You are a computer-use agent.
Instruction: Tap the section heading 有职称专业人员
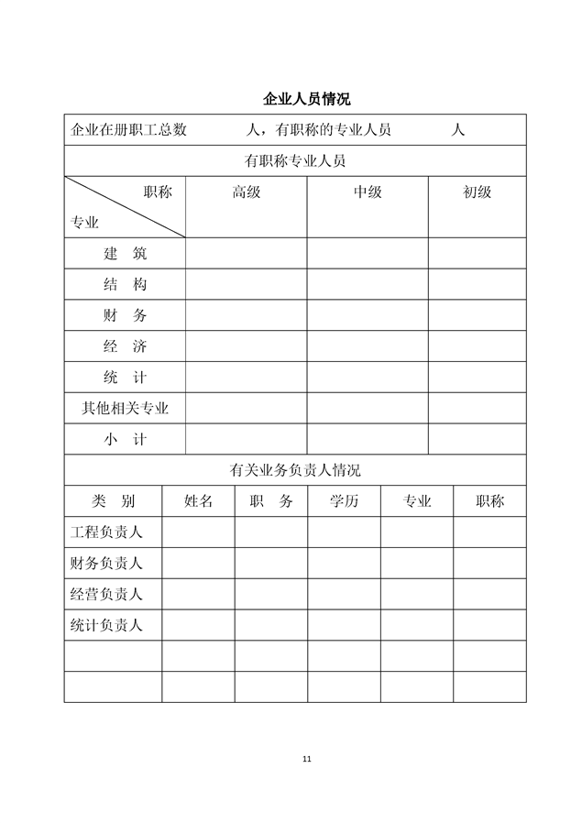pyautogui.click(x=294, y=160)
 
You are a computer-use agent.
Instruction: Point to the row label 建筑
pyautogui.click(x=125, y=253)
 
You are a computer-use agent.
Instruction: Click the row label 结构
pyautogui.click(x=125, y=284)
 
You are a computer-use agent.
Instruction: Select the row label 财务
pyautogui.click(x=125, y=315)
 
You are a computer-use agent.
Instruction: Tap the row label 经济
pyautogui.click(x=125, y=346)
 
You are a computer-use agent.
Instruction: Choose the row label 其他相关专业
pyautogui.click(x=125, y=408)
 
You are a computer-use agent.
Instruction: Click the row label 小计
pyautogui.click(x=125, y=439)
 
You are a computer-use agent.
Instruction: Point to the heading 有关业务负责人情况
pyautogui.click(x=294, y=470)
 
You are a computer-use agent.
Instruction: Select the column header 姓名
pyautogui.click(x=198, y=501)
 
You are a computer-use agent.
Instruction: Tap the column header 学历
pyautogui.click(x=344, y=501)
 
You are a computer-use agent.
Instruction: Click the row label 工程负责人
pyautogui.click(x=106, y=532)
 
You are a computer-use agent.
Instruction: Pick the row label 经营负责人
pyautogui.click(x=106, y=594)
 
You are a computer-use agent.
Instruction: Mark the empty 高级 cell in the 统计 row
pyautogui.click(x=246, y=378)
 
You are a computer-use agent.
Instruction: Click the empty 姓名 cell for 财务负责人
pyautogui.click(x=198, y=563)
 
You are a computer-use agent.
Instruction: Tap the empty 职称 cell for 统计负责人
pyautogui.click(x=489, y=625)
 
